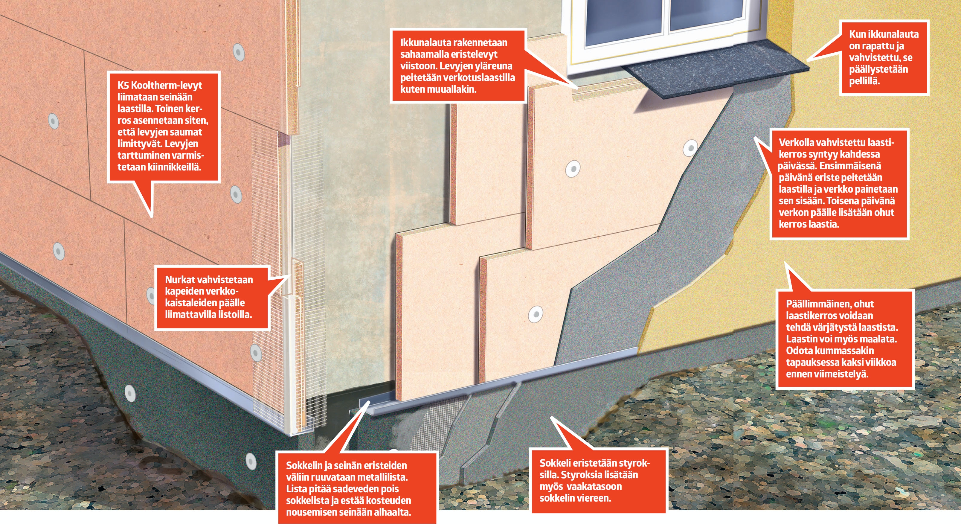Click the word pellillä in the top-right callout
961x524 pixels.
tap(864, 81)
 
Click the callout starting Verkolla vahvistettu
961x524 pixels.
tap(839, 184)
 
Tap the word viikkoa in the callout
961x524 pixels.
tap(878, 362)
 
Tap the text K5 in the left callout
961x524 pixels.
tap(123, 86)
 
